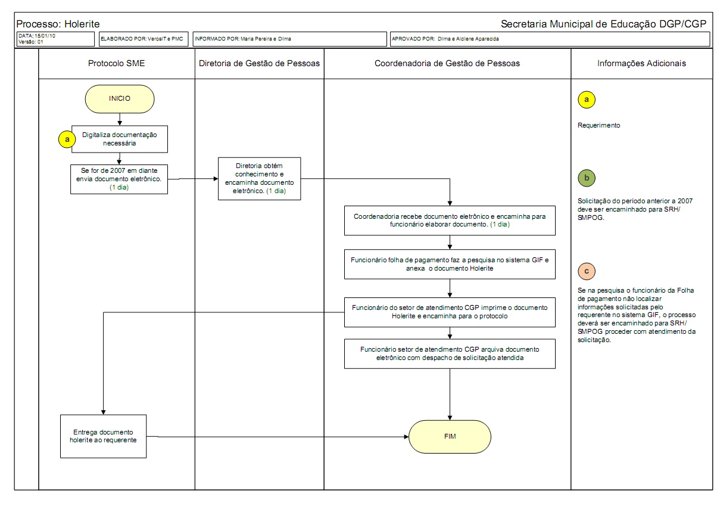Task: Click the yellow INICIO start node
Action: pyautogui.click(x=120, y=99)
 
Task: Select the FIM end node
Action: pyautogui.click(x=450, y=436)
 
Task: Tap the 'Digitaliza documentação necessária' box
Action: pyautogui.click(x=120, y=139)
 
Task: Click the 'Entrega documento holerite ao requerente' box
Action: pyautogui.click(x=104, y=436)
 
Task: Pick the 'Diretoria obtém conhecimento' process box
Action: pyautogui.click(x=259, y=178)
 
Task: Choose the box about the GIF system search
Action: pyautogui.click(x=450, y=264)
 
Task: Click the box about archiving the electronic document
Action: pyautogui.click(x=450, y=353)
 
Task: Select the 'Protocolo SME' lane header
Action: pyautogui.click(x=116, y=63)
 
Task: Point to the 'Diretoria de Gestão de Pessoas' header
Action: pyautogui.click(x=259, y=63)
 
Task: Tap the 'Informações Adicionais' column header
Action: pyautogui.click(x=641, y=63)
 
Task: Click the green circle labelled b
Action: pyautogui.click(x=587, y=178)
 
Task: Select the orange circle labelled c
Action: pyautogui.click(x=587, y=271)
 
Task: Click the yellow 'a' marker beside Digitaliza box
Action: pyautogui.click(x=67, y=139)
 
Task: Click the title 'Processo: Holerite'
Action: pyautogui.click(x=58, y=24)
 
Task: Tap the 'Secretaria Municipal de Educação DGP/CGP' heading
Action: pyautogui.click(x=603, y=24)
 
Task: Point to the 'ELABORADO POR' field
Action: pyautogui.click(x=142, y=39)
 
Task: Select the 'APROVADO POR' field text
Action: pyautogui.click(x=445, y=39)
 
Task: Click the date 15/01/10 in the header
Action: pyautogui.click(x=45, y=36)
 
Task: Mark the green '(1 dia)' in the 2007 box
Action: pyautogui.click(x=120, y=187)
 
